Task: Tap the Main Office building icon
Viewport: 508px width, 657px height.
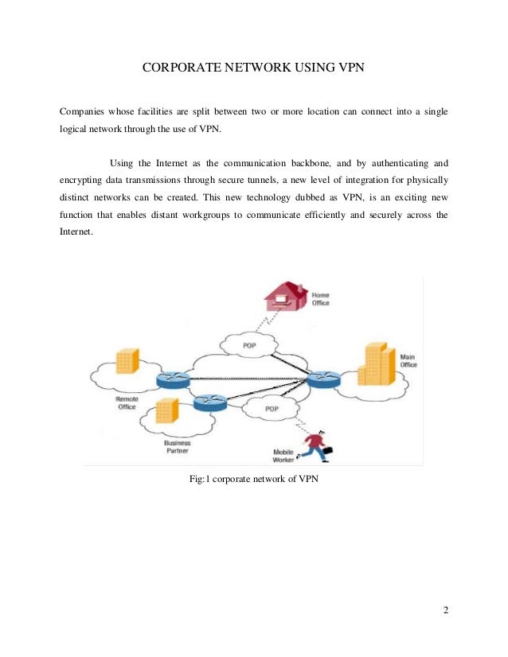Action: [x=376, y=365]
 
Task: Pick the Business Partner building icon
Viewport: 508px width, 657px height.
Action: [x=166, y=410]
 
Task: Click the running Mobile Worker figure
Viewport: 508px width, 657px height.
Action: [x=315, y=445]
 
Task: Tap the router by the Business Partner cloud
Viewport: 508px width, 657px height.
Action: [x=209, y=402]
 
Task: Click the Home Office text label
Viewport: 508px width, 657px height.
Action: [x=320, y=298]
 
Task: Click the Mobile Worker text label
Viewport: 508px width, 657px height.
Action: [x=283, y=456]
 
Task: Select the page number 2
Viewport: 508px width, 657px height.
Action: [x=446, y=610]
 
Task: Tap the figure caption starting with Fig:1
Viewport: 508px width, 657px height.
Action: [x=252, y=479]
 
